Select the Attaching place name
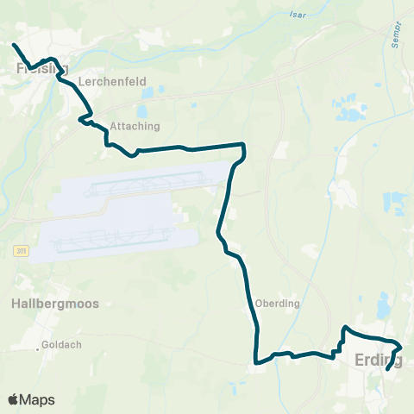pos(135,126)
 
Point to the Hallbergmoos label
pos(55,304)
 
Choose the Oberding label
pos(277,304)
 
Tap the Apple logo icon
pos(13,399)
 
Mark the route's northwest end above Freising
pos(13,44)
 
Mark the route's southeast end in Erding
pos(387,369)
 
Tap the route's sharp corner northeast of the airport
pos(244,146)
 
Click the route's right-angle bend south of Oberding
pos(256,361)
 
